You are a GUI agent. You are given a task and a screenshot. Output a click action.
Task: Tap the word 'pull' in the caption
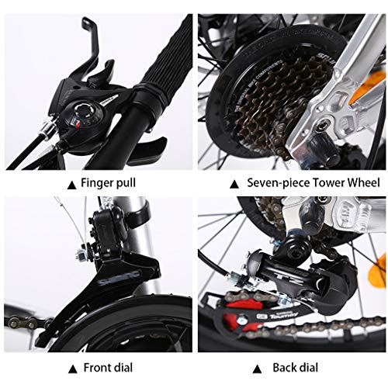(x=126, y=183)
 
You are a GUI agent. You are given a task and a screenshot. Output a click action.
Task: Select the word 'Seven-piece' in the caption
(x=279, y=183)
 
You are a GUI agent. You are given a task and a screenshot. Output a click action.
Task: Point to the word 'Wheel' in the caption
(x=363, y=182)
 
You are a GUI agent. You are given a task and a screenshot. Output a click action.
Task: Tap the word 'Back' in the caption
(x=283, y=368)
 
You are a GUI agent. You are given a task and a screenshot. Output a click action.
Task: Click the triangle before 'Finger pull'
(x=71, y=185)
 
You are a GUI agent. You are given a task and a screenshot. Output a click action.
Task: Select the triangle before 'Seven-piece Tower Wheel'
(x=234, y=185)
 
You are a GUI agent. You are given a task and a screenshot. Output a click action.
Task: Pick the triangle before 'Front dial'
(x=73, y=369)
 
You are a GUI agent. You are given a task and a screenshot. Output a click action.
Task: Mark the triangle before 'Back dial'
(x=257, y=369)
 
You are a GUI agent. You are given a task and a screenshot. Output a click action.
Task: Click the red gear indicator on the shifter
(x=77, y=123)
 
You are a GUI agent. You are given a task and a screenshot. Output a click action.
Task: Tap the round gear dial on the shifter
(x=83, y=111)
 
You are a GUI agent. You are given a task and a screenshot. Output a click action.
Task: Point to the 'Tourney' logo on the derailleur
(x=284, y=316)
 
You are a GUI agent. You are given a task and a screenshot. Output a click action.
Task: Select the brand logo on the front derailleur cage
(x=120, y=279)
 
